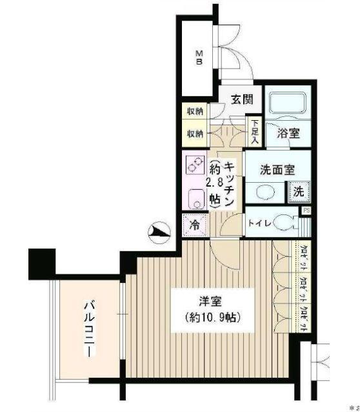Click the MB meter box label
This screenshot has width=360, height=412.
(200, 57)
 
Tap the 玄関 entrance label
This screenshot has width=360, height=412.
(242, 100)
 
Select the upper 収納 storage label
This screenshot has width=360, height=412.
(195, 112)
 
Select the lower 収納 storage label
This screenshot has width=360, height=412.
(195, 134)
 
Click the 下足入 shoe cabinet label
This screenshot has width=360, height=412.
(255, 131)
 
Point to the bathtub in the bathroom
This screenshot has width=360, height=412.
(288, 103)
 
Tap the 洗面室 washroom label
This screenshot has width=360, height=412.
(277, 170)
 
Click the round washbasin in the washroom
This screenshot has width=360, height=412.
(265, 192)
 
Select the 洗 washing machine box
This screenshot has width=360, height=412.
(299, 191)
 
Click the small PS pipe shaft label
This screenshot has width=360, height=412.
(306, 211)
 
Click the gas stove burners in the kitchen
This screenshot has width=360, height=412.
(195, 166)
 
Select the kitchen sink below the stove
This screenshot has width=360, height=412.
(195, 199)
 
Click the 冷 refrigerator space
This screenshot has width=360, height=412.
(194, 226)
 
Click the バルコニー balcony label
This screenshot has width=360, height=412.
(89, 329)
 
